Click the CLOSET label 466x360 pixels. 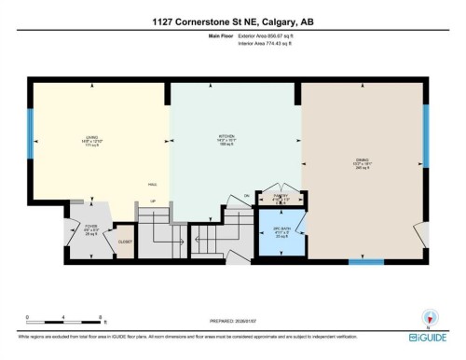pyautogui.click(x=124, y=241)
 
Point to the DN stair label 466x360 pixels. pyautogui.click(x=246, y=195)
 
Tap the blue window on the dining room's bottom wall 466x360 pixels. pyautogui.click(x=366, y=262)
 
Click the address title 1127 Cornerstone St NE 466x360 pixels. pyautogui.click(x=232, y=22)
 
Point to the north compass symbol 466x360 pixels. pyautogui.click(x=430, y=317)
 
